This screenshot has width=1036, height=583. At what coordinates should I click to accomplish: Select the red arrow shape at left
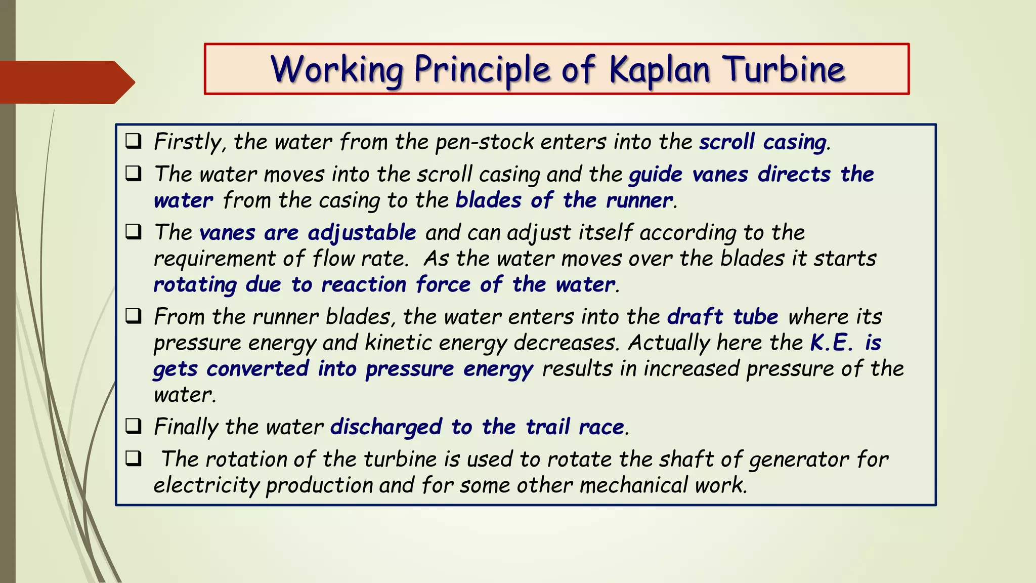click(66, 82)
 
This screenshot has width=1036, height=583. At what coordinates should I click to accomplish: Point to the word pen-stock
click(484, 142)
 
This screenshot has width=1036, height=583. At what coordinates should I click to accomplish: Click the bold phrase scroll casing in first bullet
click(763, 142)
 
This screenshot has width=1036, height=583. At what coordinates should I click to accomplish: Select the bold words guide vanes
click(688, 175)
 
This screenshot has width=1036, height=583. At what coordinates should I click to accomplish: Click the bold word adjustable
click(362, 233)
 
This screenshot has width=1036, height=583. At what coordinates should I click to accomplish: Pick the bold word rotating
click(195, 285)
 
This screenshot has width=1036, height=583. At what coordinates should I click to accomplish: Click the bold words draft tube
click(722, 317)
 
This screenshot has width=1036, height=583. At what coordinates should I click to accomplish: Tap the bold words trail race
click(575, 427)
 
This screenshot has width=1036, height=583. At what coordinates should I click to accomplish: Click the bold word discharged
click(386, 427)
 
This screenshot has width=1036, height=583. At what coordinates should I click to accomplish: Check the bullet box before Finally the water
click(133, 426)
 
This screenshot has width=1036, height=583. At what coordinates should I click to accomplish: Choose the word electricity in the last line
click(206, 485)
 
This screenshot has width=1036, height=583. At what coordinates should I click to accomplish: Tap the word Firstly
click(187, 142)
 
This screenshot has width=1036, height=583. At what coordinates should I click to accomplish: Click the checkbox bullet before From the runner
click(133, 316)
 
